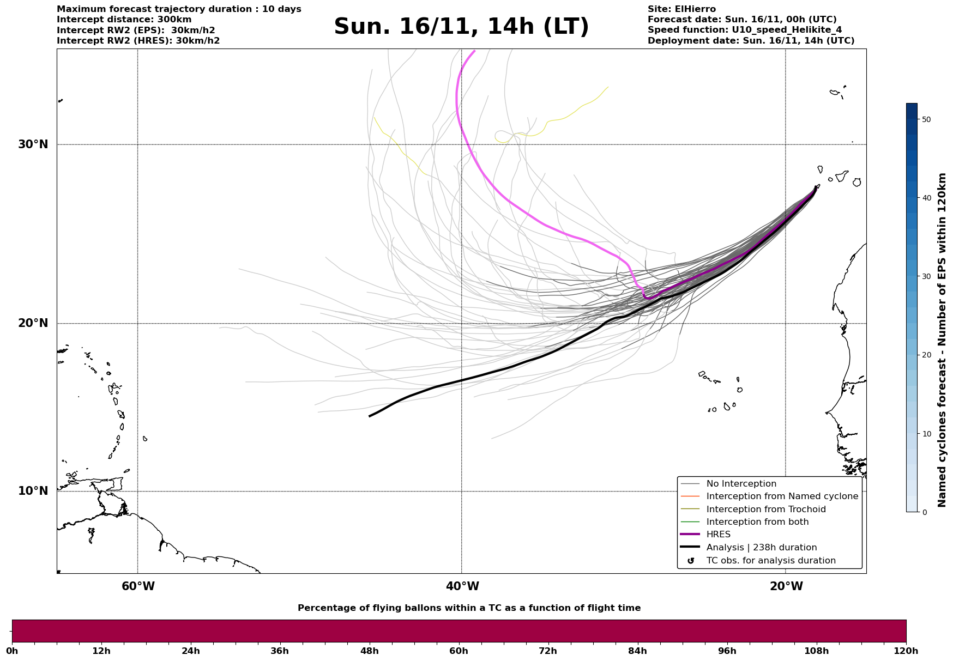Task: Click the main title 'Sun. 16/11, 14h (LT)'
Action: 461,27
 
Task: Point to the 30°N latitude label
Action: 33,144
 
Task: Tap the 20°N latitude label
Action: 33,323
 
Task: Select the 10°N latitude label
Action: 33,491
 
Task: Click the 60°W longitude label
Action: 138,586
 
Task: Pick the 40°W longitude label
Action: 462,586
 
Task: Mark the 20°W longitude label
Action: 786,586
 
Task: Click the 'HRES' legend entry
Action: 718,535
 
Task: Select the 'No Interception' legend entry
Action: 741,484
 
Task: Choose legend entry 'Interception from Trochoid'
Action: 765,510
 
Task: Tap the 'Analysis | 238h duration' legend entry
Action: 761,548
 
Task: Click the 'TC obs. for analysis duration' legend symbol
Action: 691,561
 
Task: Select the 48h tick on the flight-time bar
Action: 370,651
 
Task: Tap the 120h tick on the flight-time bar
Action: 906,651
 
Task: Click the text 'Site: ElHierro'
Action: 681,9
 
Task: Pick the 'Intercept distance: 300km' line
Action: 124,20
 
